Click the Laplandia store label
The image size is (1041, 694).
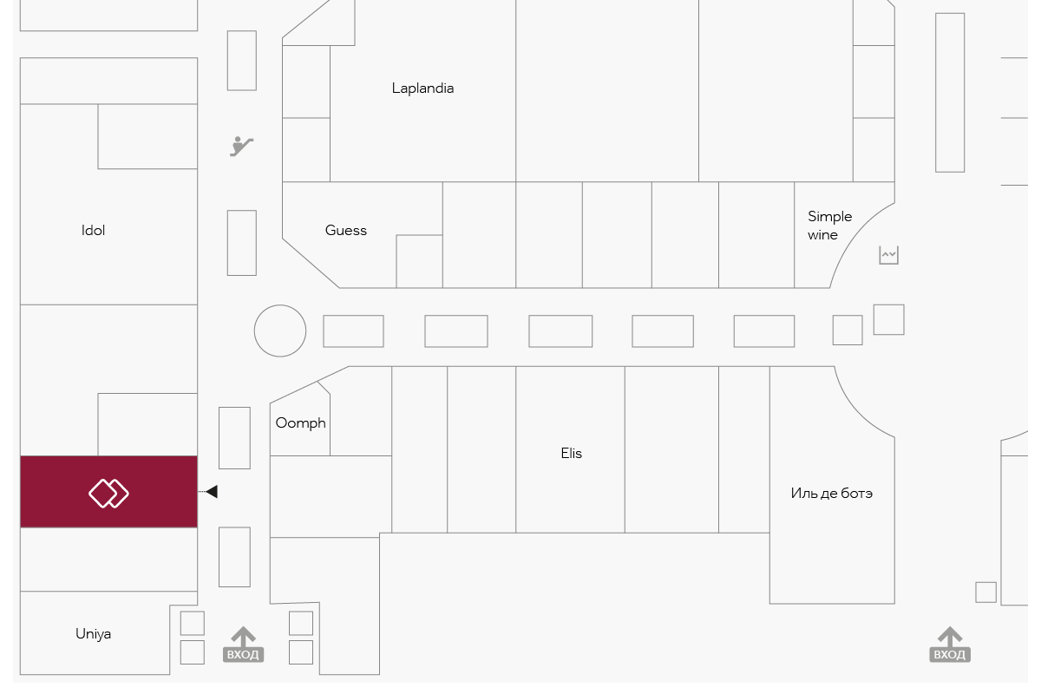point(422,88)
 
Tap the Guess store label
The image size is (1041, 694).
point(346,230)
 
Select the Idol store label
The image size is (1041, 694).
point(93,230)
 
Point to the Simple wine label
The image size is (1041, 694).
point(829,226)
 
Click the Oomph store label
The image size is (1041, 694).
point(301,423)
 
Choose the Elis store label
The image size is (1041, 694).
point(571,453)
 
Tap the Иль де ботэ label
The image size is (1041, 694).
point(831,494)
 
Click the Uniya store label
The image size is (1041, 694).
point(93,634)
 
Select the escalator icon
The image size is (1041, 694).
point(241,147)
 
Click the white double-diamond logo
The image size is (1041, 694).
point(108,494)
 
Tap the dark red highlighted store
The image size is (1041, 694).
point(108,492)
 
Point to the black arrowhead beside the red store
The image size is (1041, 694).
point(212,491)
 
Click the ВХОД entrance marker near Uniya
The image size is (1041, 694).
point(243,645)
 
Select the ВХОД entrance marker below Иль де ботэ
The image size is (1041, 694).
point(949,645)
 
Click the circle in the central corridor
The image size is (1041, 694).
point(280,331)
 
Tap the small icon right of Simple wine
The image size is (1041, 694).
point(888,255)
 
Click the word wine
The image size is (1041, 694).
point(822,235)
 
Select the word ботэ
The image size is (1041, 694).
point(856,494)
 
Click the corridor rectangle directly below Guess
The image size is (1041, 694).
point(353,331)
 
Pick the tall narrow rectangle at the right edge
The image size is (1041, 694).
point(950,93)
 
